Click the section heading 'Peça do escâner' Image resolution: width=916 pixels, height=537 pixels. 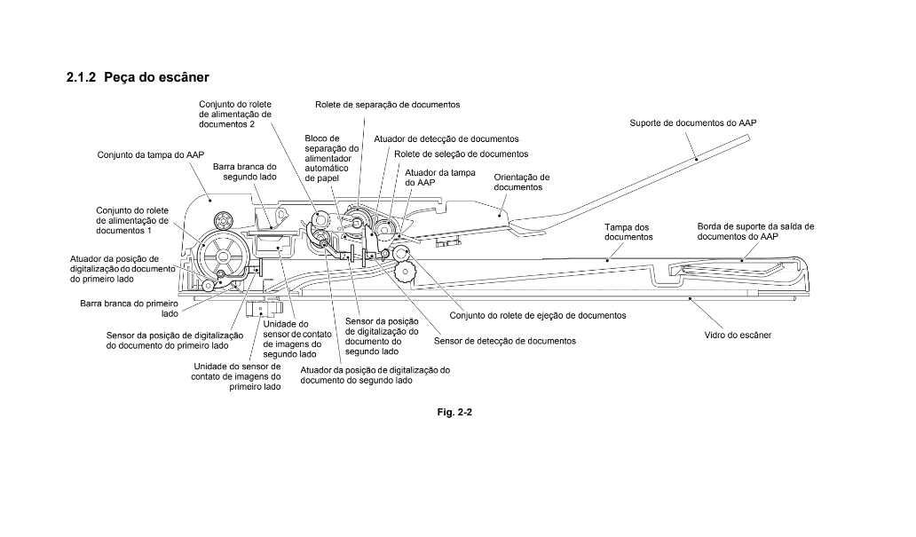tap(155, 78)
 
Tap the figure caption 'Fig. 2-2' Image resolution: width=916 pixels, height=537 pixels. tap(459, 413)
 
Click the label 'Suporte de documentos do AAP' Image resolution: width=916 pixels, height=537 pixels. tap(693, 122)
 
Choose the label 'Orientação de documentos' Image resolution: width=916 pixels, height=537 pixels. tap(522, 182)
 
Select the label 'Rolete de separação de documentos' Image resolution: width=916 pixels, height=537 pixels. tap(387, 104)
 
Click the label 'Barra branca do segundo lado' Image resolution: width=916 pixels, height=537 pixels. tap(245, 171)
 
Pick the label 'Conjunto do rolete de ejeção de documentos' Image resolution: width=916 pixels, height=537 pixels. tap(538, 315)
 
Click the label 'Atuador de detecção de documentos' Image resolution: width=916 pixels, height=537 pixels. tap(446, 138)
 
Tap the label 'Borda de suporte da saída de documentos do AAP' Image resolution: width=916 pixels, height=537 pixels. tap(755, 232)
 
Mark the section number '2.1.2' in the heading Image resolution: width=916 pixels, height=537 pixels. tap(81, 78)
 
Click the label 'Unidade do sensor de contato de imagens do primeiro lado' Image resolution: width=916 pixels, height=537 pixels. tap(236, 376)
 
